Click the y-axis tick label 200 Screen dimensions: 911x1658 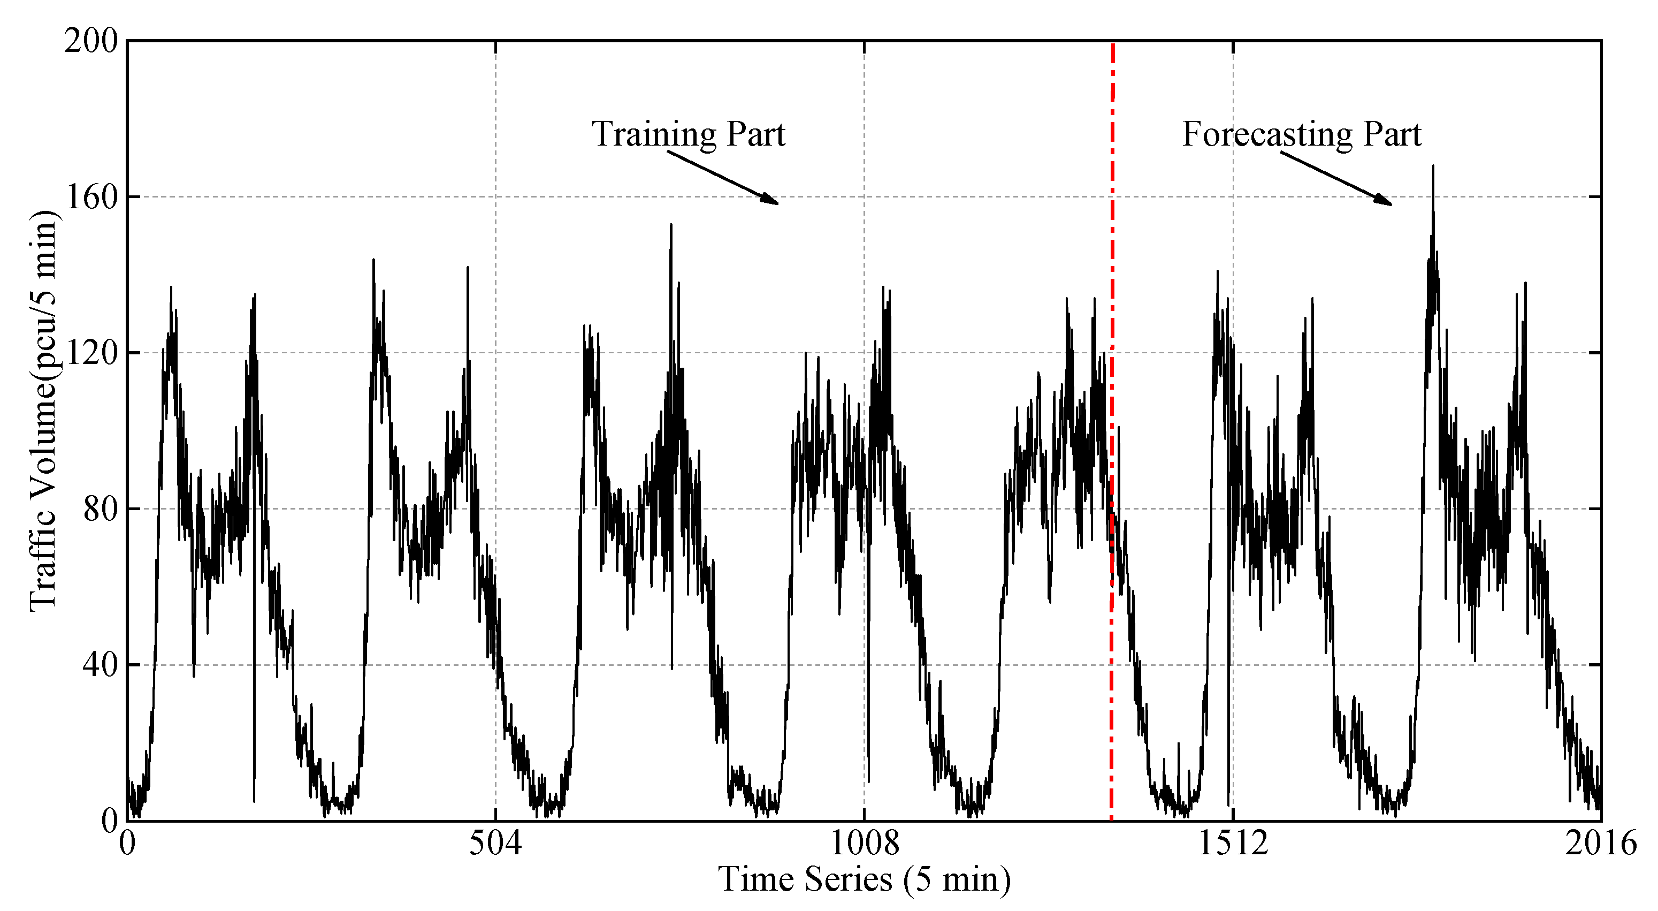tap(91, 42)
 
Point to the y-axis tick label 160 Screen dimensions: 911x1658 tap(91, 197)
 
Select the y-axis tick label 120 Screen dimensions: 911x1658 tap(91, 353)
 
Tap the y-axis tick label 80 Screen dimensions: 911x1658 tap(100, 508)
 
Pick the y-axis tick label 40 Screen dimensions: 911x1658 tap(100, 664)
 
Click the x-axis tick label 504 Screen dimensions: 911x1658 tap(495, 844)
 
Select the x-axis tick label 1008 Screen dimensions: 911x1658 tap(864, 844)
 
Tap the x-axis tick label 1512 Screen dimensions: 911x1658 tap(1233, 844)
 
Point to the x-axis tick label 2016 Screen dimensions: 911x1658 tap(1600, 844)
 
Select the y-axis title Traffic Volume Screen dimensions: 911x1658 tap(44, 412)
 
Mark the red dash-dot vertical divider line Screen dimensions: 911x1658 tap(1112, 257)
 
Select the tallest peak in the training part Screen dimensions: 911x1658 tap(671, 225)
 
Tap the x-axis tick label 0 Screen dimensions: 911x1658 tap(127, 844)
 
